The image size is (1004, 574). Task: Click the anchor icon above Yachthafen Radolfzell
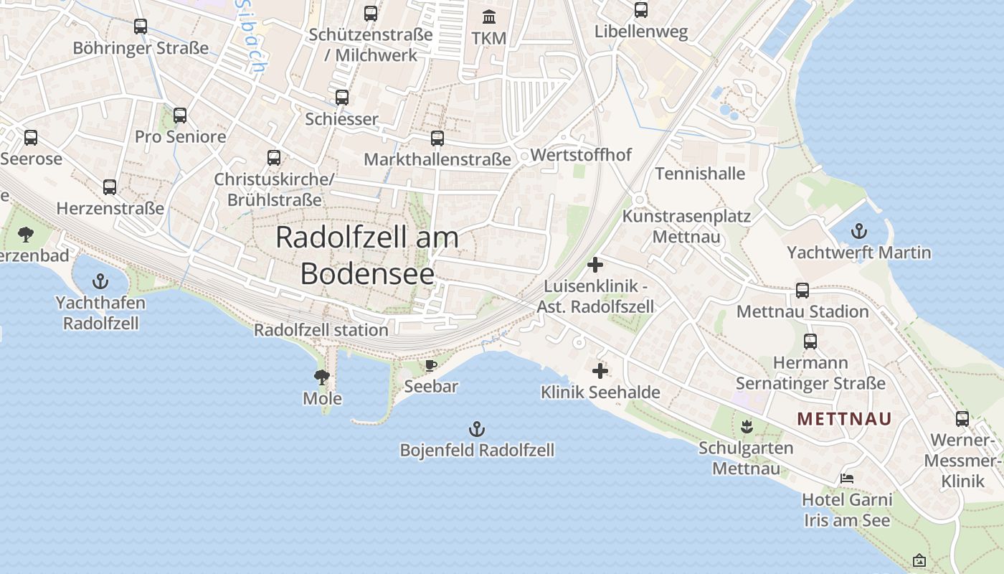pos(101,281)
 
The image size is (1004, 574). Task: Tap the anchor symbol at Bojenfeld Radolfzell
pos(477,429)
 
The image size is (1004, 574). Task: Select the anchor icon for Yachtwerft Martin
pos(858,231)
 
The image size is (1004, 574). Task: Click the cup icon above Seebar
pos(430,366)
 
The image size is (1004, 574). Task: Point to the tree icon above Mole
pos(322,377)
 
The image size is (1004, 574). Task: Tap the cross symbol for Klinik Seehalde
pos(600,371)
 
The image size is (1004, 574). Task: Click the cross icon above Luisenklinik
pos(595,265)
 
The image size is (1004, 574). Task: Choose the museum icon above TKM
pos(489,17)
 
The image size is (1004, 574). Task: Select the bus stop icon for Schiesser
pos(342,98)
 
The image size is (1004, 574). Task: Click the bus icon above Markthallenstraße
pos(437,138)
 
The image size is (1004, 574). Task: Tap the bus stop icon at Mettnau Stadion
pos(802,291)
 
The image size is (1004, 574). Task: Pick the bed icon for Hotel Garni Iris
pos(847,478)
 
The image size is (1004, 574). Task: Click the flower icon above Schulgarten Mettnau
pos(747,427)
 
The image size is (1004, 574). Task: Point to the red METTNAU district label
pos(845,418)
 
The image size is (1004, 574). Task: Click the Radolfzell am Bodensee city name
pos(367,255)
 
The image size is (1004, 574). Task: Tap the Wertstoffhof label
pos(581,154)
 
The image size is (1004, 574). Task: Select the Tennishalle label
pos(700,174)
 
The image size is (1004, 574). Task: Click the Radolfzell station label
pos(321,330)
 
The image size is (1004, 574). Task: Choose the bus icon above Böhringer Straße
pos(141,27)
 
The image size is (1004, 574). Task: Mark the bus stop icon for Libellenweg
pos(641,10)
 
